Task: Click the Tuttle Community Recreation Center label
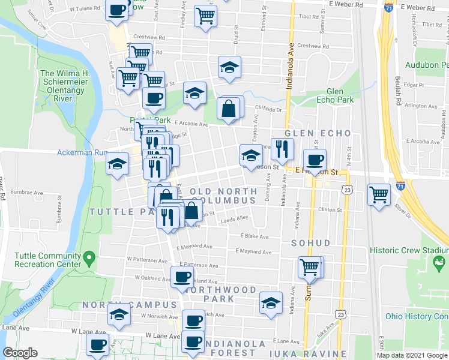coord(47,260)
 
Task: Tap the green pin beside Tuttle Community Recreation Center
coord(90,259)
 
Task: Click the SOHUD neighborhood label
coord(310,243)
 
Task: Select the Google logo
coord(20,353)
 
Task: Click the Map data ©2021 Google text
coord(412,355)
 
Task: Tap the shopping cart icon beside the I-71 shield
coord(379,194)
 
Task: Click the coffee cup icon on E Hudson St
coord(315,160)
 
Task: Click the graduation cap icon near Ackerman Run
coord(117,164)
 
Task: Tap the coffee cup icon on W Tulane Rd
coord(117,10)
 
